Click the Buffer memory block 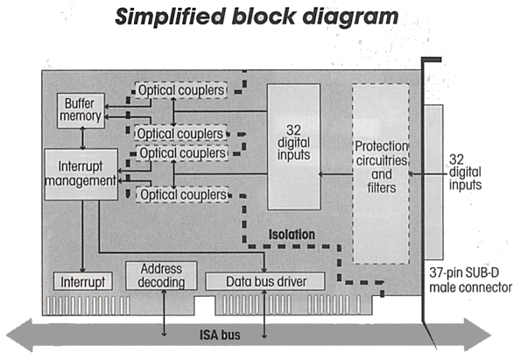81,110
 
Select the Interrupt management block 81,174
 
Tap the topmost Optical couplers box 181,90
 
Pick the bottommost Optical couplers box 182,194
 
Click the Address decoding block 161,276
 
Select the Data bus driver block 265,281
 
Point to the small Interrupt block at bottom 82,281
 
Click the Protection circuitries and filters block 381,173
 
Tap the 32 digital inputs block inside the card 293,146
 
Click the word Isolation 292,235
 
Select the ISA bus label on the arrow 220,335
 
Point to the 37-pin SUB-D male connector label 470,280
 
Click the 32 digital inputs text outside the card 465,172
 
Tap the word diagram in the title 350,17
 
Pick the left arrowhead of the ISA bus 19,335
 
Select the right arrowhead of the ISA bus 477,335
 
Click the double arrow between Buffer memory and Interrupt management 82,138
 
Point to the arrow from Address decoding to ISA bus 164,313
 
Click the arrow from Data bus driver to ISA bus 264,314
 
